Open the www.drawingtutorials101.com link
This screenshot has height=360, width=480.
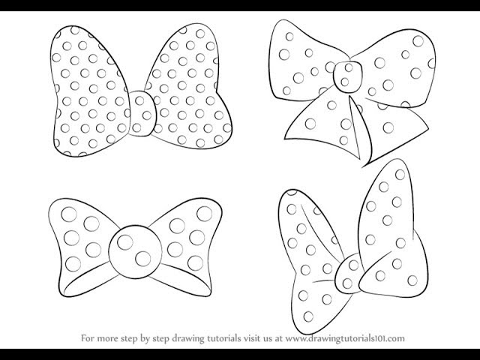click(x=344, y=338)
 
